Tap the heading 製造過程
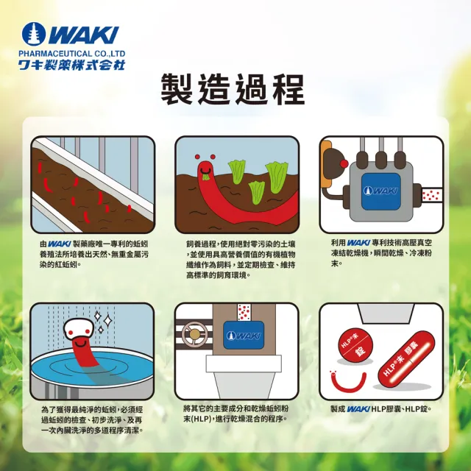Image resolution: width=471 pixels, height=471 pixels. [233, 89]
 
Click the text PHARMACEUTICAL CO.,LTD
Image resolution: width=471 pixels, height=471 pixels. [72, 54]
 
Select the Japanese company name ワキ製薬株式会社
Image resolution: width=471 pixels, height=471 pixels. [72, 65]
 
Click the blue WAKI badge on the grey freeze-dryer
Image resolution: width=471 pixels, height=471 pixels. [381, 191]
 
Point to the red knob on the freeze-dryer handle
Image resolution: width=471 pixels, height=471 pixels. [344, 163]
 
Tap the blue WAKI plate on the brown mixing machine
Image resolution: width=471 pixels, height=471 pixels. [244, 335]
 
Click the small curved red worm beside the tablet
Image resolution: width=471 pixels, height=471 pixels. [348, 381]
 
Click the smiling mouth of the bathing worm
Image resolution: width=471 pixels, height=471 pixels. [79, 342]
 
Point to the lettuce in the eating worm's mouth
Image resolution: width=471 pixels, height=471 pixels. [205, 177]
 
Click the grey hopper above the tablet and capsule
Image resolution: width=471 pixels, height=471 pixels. [386, 314]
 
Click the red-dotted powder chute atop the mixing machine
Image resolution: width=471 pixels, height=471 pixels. [244, 312]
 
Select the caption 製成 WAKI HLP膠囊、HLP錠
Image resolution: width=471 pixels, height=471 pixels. [381, 409]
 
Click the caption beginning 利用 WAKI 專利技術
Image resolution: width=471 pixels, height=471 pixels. [381, 253]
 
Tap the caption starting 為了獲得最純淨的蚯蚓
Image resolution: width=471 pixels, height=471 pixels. [92, 419]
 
